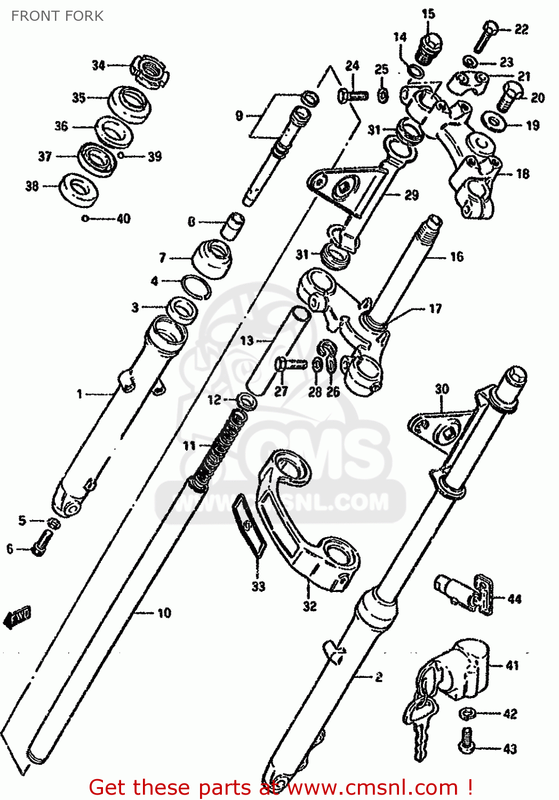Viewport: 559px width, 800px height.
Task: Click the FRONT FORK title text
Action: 57,16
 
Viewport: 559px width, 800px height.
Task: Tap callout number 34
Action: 98,65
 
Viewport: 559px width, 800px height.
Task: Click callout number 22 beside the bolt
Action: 521,29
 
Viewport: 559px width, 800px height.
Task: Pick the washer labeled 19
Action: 494,121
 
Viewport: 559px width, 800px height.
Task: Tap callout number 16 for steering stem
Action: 457,257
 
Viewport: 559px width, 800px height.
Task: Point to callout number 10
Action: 164,613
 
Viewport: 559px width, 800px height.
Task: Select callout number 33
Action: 258,586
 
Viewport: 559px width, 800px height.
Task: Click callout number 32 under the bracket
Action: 310,606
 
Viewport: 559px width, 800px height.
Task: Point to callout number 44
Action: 514,599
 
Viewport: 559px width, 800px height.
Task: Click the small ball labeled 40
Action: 85,218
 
